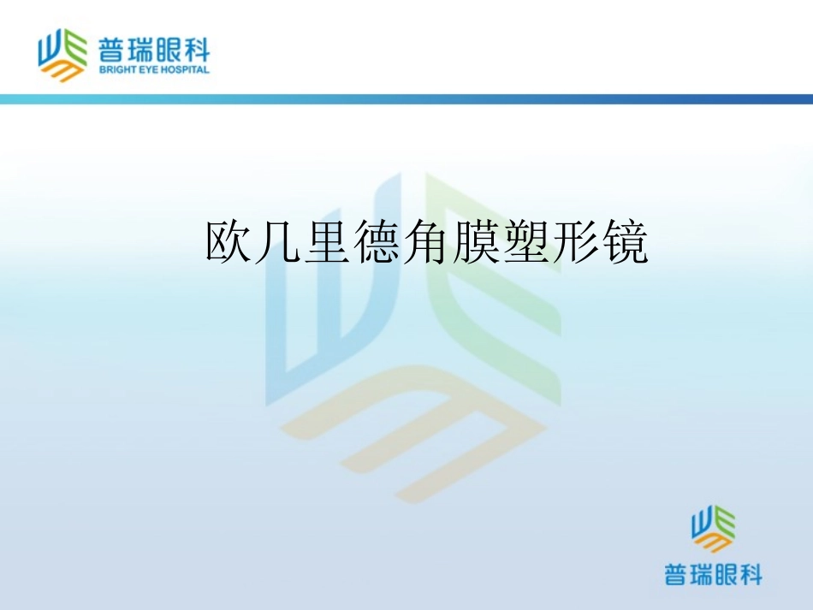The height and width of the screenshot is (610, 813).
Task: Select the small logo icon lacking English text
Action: (x=713, y=530)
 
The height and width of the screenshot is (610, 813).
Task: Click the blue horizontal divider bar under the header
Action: (x=406, y=99)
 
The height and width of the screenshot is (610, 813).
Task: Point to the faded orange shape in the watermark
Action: (x=411, y=428)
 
